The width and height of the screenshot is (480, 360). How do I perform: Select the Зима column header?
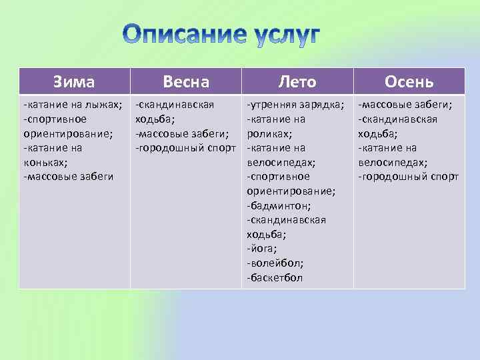(x=74, y=82)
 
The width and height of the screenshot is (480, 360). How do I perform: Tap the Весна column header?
(x=186, y=82)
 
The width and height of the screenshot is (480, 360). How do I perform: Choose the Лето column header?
(x=297, y=82)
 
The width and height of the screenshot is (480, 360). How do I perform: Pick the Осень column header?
(x=409, y=82)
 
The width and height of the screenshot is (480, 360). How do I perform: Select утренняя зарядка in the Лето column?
(x=295, y=105)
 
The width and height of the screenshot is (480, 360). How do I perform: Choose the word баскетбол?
(x=275, y=277)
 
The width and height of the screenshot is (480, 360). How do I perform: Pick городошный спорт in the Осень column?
(x=409, y=177)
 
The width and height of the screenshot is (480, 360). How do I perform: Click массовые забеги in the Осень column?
(x=405, y=105)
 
